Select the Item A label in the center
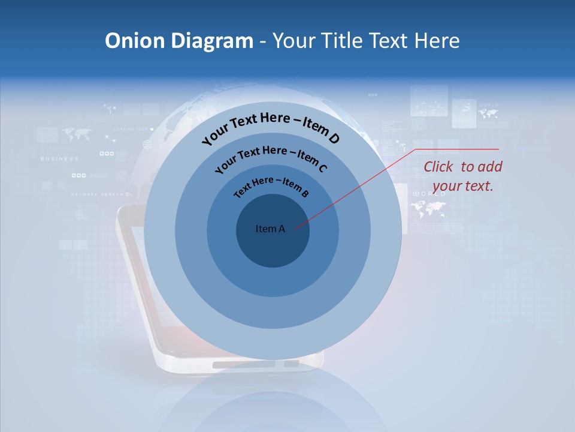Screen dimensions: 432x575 pyautogui.click(x=270, y=229)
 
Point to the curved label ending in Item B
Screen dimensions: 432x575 pyautogui.click(x=271, y=185)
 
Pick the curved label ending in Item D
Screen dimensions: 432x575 pyautogui.click(x=270, y=127)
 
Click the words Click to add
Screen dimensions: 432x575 pyautogui.click(x=462, y=167)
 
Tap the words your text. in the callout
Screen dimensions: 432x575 pyautogui.click(x=462, y=186)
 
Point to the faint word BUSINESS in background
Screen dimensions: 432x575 pyautogui.click(x=59, y=158)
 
